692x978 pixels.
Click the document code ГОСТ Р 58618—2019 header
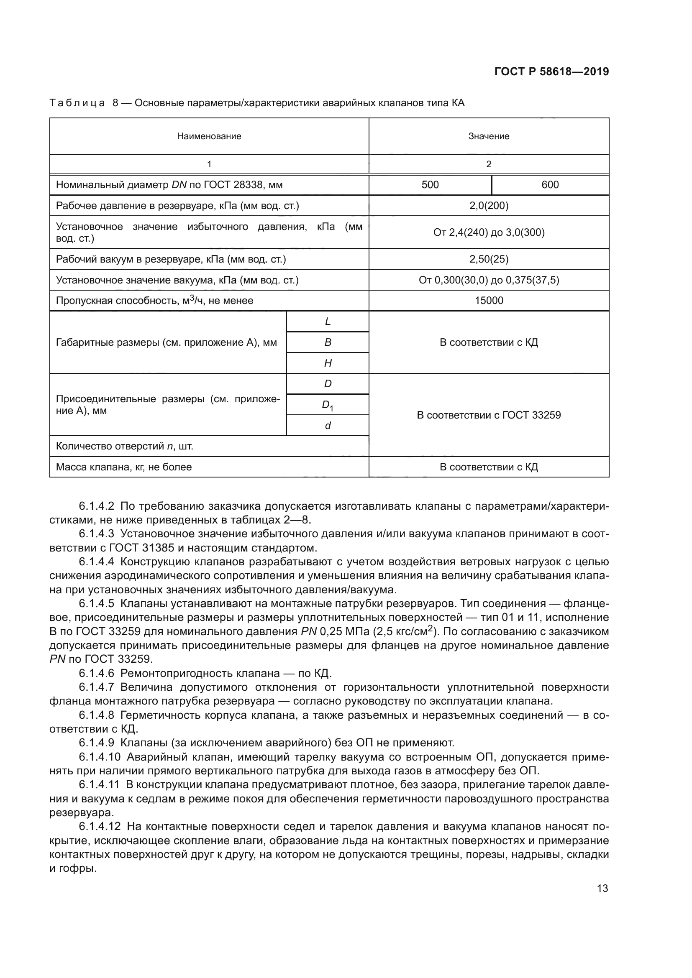(x=551, y=71)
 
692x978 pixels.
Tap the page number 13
(x=602, y=889)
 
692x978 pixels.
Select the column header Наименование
(x=209, y=136)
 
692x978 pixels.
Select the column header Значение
(x=489, y=136)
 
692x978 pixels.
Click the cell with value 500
(x=430, y=185)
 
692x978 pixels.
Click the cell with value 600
(x=550, y=185)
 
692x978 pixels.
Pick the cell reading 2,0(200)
(x=489, y=206)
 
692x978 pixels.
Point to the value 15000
(x=489, y=301)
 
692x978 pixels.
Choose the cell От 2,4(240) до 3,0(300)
(x=489, y=232)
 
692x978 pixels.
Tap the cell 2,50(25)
(x=489, y=259)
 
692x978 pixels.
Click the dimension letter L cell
(x=328, y=322)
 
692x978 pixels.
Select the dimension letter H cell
(x=328, y=363)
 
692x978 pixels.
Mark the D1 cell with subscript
(x=328, y=405)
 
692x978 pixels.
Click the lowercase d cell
(x=328, y=426)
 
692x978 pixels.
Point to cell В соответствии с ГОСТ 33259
(x=489, y=415)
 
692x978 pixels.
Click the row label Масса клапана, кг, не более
(x=124, y=467)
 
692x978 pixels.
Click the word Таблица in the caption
(x=77, y=103)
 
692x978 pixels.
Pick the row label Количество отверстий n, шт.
(x=124, y=447)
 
